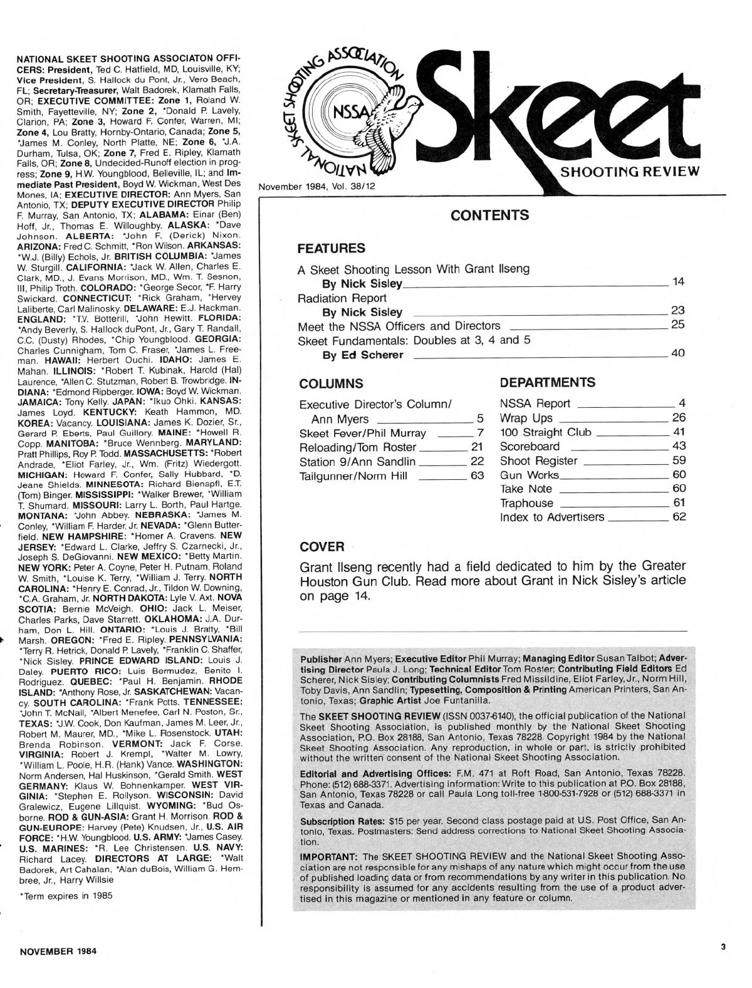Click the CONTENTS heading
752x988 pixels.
click(x=489, y=216)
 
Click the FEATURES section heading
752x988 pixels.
click(x=331, y=248)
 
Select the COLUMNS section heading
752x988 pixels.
click(x=331, y=383)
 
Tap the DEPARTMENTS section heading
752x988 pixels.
click(x=548, y=382)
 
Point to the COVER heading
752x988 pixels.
click(x=322, y=546)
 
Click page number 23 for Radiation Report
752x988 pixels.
click(x=677, y=311)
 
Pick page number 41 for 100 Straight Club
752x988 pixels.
click(x=679, y=432)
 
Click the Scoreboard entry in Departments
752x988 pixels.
click(x=530, y=447)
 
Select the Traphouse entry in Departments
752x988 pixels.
click(x=526, y=503)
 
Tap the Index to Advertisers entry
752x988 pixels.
click(x=552, y=517)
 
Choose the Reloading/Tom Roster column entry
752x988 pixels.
click(x=358, y=447)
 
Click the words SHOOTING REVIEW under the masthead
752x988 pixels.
click(x=627, y=173)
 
